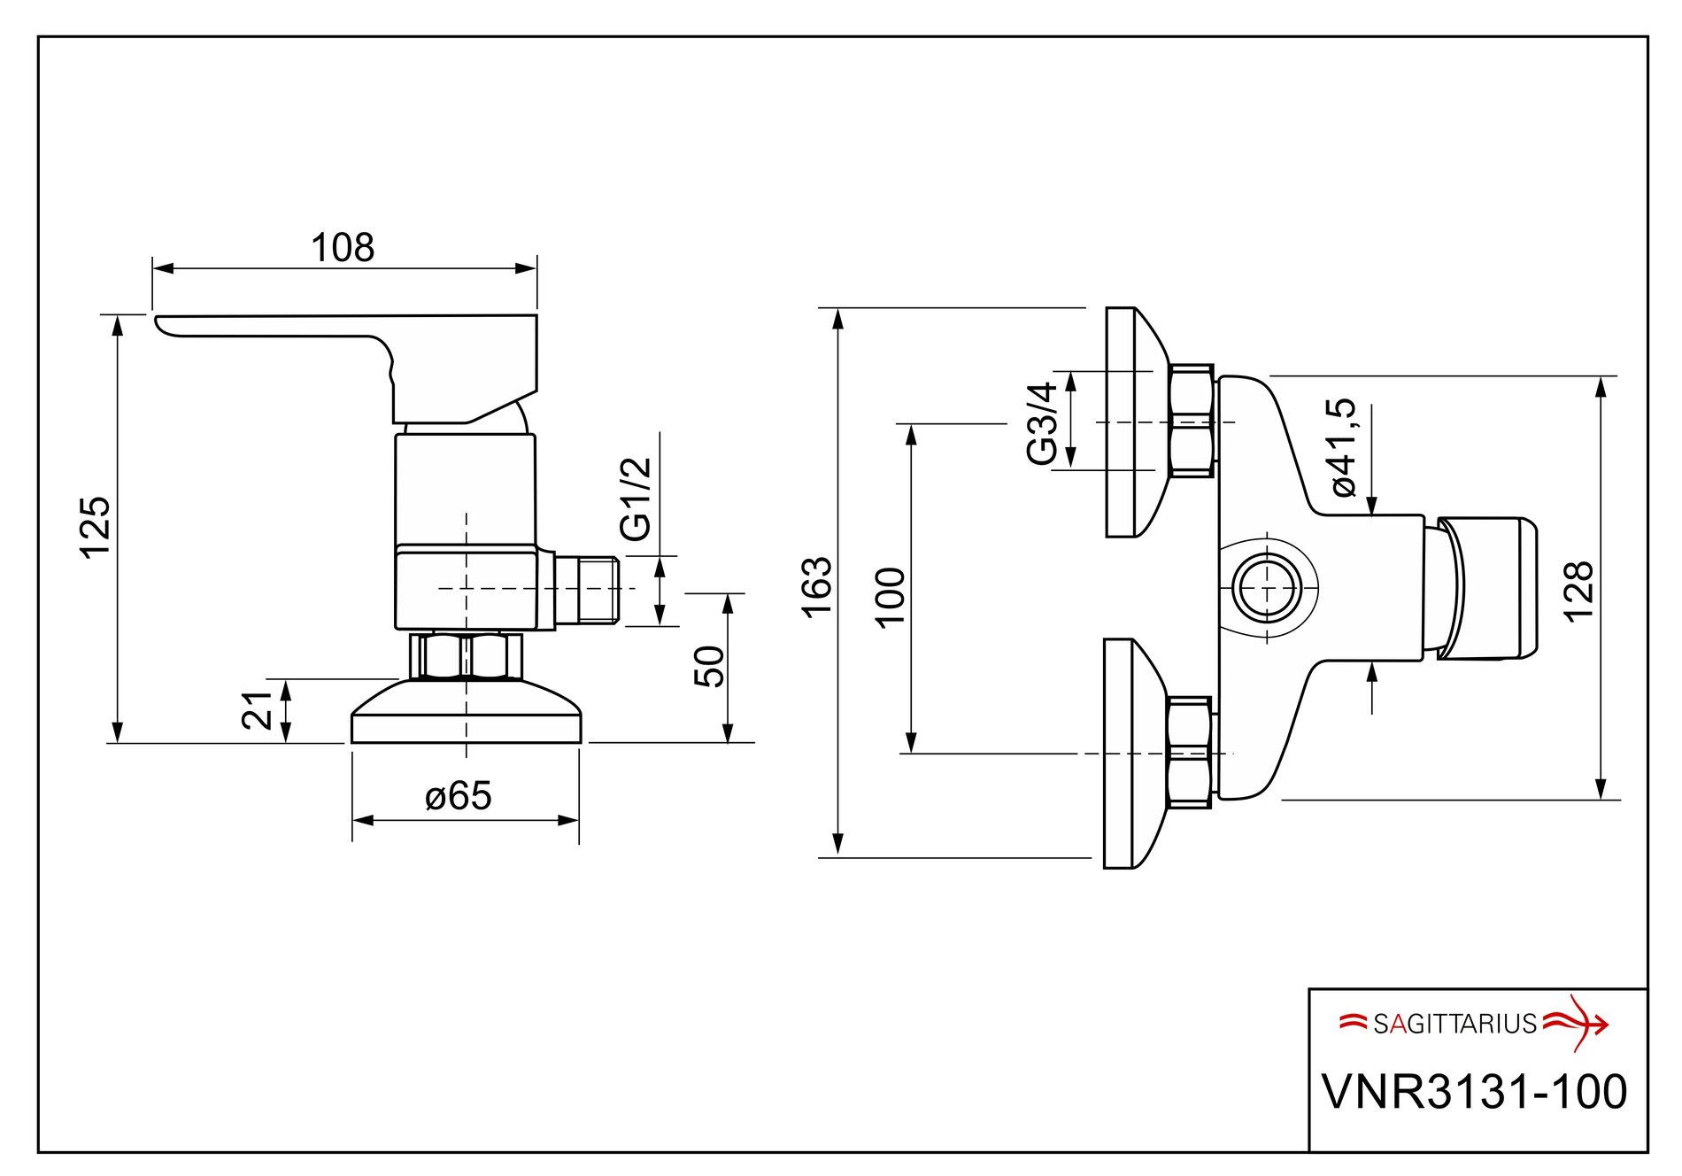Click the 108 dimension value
coord(343,248)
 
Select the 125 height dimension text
coord(96,528)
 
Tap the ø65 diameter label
coord(458,795)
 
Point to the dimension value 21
coord(258,710)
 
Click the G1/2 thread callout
coord(636,499)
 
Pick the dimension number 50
coord(709,666)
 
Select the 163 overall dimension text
coord(815,586)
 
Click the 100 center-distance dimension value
coord(890,597)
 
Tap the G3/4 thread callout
coord(1042,423)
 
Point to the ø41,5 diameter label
coord(1341,447)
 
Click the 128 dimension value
coord(1578,592)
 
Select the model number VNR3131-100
coord(1474,1091)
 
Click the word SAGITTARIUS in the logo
coord(1454,1024)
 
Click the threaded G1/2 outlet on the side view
coord(598,590)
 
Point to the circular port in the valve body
coord(1267,588)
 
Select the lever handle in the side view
coord(372,354)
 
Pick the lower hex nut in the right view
coord(1189,753)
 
